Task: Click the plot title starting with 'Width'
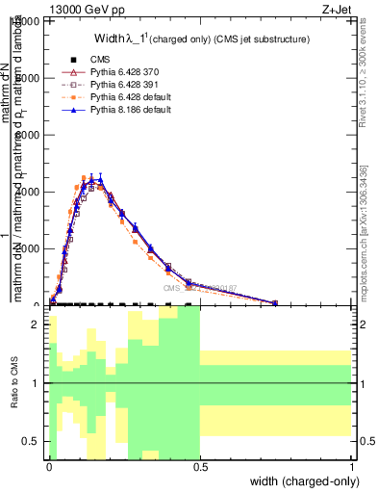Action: pyautogui.click(x=201, y=39)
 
